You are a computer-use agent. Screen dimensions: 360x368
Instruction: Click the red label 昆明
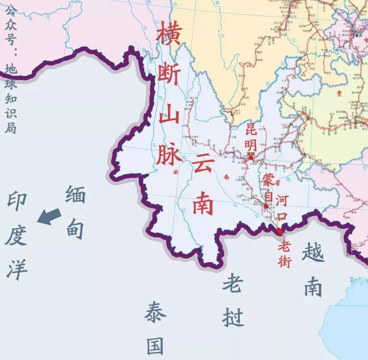tap(250, 137)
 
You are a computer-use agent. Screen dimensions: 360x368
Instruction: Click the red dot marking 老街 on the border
tap(279, 231)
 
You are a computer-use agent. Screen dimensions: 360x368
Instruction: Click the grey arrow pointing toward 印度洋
tap(49, 217)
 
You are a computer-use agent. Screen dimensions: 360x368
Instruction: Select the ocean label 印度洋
tap(17, 236)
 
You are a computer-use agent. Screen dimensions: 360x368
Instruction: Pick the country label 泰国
tap(155, 328)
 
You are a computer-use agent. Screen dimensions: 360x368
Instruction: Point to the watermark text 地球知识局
tap(9, 98)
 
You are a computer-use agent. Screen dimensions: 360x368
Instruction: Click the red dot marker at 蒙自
tap(266, 206)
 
